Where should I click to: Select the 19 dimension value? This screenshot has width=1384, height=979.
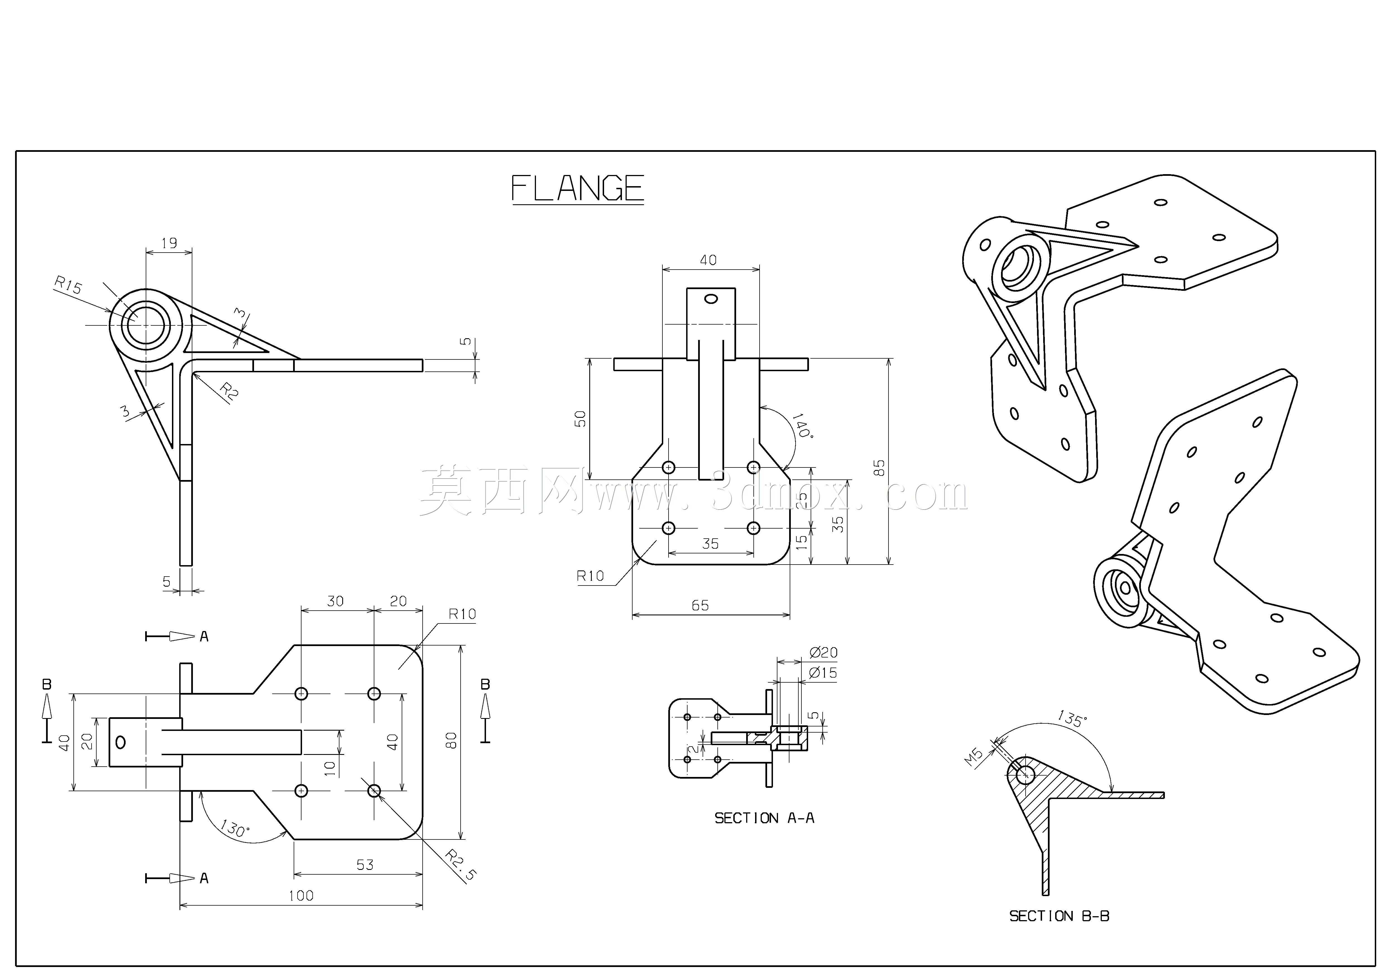click(x=169, y=243)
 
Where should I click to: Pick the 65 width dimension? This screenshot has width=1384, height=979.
click(x=700, y=605)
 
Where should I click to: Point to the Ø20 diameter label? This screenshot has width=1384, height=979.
click(x=824, y=652)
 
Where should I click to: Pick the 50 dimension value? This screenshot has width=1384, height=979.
click(x=580, y=419)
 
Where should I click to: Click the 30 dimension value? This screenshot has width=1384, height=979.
click(x=335, y=601)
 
